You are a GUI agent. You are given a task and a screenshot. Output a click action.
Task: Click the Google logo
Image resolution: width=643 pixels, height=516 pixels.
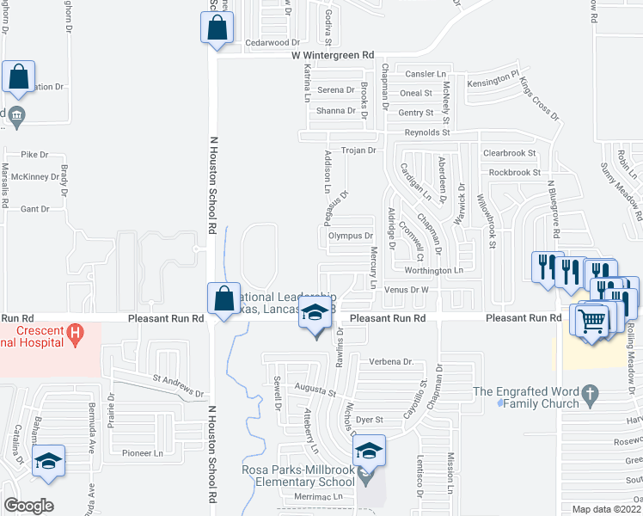pyautogui.click(x=29, y=506)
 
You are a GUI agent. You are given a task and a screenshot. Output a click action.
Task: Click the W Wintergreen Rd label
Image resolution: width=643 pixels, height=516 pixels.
pyautogui.click(x=333, y=54)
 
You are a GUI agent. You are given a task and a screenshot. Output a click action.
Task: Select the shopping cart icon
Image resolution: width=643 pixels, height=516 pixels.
pyautogui.click(x=591, y=322)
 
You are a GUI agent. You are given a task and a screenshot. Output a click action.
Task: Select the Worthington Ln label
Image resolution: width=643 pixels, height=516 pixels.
pyautogui.click(x=434, y=270)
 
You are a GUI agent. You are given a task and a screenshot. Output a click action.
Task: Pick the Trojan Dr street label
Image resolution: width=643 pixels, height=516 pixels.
pyautogui.click(x=360, y=150)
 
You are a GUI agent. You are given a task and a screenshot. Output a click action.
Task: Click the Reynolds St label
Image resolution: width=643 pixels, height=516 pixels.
pyautogui.click(x=427, y=132)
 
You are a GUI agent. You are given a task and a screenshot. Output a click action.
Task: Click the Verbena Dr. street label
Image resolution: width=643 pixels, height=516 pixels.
pyautogui.click(x=391, y=362)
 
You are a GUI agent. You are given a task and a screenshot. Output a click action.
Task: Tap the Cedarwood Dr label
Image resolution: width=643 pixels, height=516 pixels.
pyautogui.click(x=272, y=42)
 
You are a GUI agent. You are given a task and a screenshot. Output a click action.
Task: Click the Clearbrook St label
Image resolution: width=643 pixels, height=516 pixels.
pyautogui.click(x=509, y=152)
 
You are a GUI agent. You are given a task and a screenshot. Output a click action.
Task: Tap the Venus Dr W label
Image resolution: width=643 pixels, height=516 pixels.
pyautogui.click(x=406, y=290)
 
